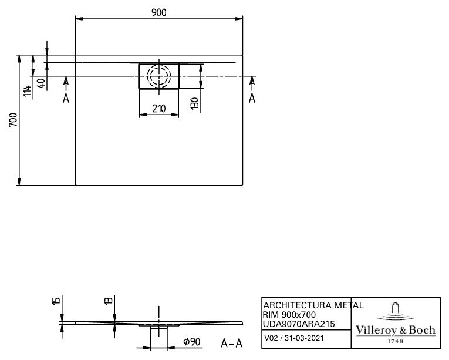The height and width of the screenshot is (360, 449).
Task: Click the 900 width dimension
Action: coord(159,13)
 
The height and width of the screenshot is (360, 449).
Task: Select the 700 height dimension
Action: coord(13,120)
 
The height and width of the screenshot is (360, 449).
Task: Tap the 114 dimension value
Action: coord(28,91)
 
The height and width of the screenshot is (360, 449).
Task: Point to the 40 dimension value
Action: coord(42,83)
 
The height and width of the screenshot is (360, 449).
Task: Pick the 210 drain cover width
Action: coord(159,109)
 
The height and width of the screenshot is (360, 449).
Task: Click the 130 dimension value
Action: coord(194,103)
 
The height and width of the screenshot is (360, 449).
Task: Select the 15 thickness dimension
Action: coord(56,301)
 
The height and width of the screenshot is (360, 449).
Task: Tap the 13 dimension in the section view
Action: coord(109,301)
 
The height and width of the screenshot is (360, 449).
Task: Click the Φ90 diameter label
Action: coord(192,342)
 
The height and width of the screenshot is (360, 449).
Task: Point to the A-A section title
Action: coord(232,343)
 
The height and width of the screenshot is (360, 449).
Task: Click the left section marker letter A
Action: coord(66,98)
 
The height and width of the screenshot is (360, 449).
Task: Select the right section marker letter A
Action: coord(252,98)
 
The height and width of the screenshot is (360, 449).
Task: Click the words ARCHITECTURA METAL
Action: coord(313,305)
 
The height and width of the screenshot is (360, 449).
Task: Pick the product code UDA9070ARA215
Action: coord(299,324)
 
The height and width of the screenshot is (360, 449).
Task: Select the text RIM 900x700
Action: coord(289,315)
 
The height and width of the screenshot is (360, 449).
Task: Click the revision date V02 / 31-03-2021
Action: coord(294,338)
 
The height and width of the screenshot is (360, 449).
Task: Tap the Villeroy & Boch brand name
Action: coord(396,330)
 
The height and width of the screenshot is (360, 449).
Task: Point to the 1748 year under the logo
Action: coord(396,341)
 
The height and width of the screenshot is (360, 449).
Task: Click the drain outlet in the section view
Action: coord(159,327)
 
